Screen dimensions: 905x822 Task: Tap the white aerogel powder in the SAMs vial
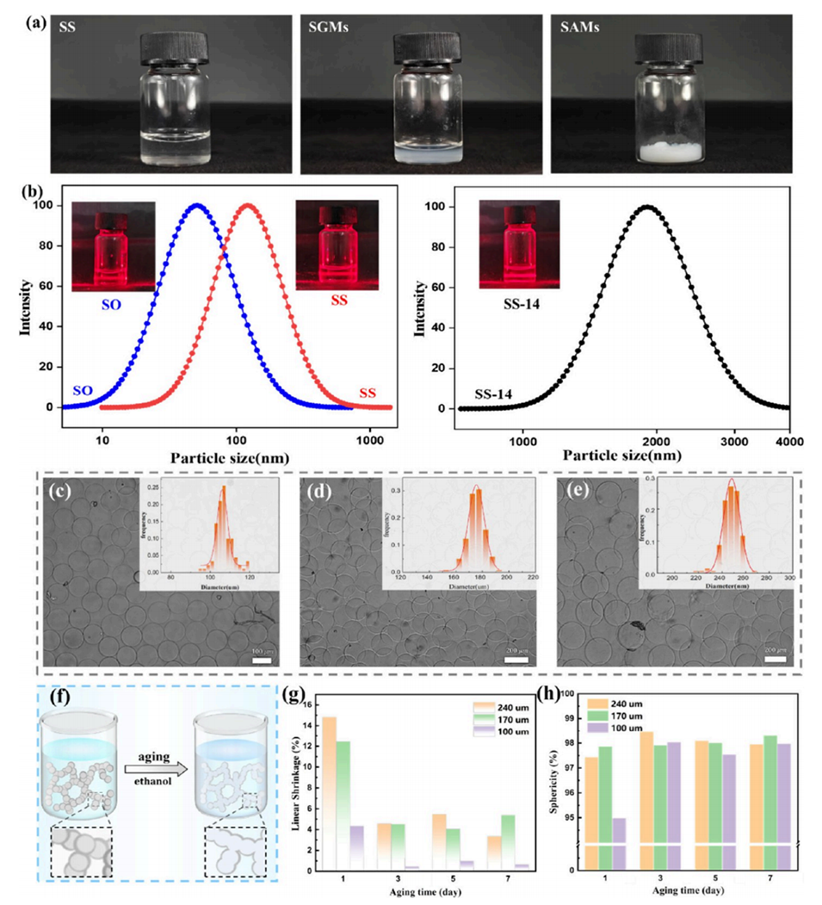tap(677, 152)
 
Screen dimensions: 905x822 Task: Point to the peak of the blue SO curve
tap(198, 206)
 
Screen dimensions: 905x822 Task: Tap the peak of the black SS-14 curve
tap(646, 207)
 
